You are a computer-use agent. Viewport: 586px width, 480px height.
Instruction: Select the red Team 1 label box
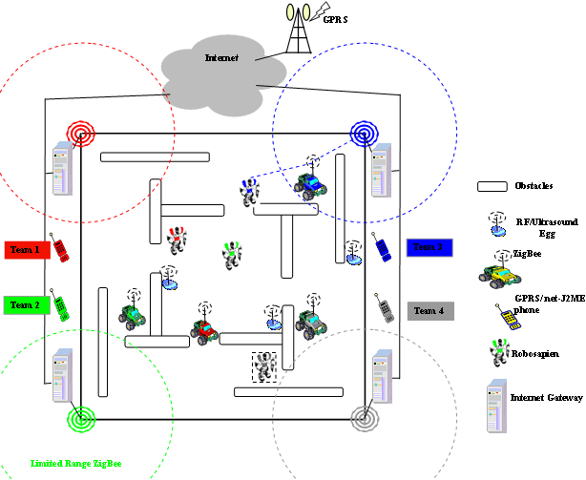pos(26,250)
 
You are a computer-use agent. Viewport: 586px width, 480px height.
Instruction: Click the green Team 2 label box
pos(26,305)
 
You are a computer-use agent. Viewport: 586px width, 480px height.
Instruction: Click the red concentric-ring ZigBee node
pos(79,131)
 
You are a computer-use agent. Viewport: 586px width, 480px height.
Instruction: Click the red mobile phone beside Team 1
pos(59,250)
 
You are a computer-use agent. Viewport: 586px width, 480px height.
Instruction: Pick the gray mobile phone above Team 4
pos(385,307)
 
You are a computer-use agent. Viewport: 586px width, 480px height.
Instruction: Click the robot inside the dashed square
pos(263,365)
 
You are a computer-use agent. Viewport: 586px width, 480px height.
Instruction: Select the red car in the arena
pos(204,330)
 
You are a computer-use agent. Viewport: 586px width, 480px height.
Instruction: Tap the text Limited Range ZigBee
pos(76,463)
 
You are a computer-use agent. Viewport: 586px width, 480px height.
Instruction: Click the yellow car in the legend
pos(499,273)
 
